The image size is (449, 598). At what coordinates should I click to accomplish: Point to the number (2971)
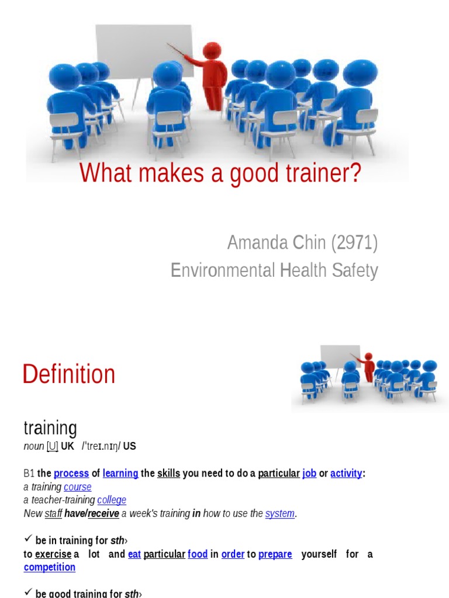(x=354, y=242)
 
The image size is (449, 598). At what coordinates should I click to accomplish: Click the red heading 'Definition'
(x=68, y=374)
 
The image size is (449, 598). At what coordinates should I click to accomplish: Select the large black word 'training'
(x=50, y=428)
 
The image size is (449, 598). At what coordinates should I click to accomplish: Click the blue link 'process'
(x=71, y=473)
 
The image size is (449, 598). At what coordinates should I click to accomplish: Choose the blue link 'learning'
(x=120, y=473)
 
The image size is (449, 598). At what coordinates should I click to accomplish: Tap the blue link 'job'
(x=309, y=473)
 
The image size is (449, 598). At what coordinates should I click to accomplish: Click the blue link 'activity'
(x=346, y=473)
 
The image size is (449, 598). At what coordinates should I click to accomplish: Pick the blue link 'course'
(x=78, y=486)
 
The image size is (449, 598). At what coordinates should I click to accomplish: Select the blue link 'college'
(x=112, y=500)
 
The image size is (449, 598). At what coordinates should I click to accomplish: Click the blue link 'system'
(x=279, y=513)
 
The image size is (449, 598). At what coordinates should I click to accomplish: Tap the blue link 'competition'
(x=50, y=567)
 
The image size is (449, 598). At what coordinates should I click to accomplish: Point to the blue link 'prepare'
(x=275, y=554)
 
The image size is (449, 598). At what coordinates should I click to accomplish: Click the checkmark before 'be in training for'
(x=27, y=540)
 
